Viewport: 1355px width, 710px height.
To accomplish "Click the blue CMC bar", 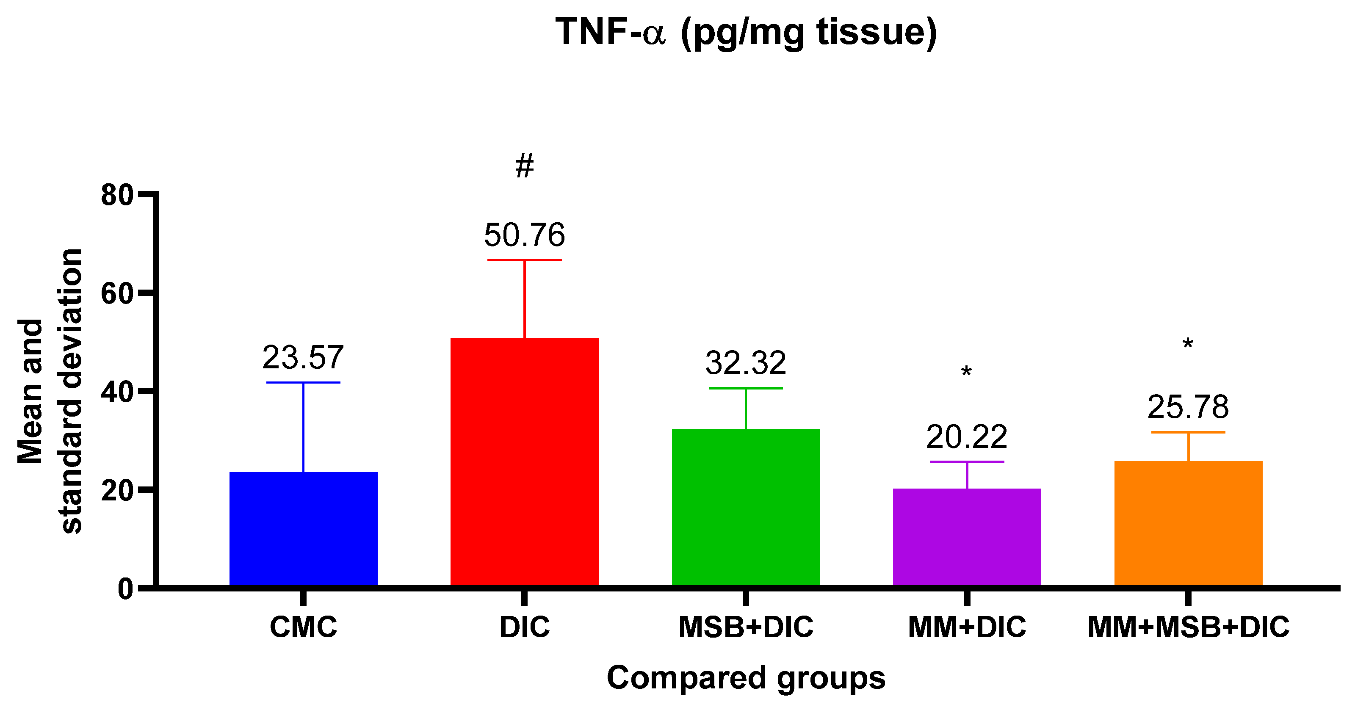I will (304, 528).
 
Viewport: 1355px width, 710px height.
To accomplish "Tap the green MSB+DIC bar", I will (746, 507).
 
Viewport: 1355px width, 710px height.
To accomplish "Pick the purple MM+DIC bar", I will (967, 537).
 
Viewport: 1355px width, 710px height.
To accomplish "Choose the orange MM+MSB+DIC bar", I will (1188, 523).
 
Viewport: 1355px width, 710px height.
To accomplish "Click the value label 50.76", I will (525, 235).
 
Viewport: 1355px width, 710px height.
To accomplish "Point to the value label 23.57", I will (303, 358).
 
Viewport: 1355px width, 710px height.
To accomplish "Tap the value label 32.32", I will (746, 363).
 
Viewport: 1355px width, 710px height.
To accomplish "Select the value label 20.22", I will (967, 437).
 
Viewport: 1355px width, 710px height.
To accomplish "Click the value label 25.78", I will (1188, 407).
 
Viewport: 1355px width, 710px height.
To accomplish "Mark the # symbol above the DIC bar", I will (525, 166).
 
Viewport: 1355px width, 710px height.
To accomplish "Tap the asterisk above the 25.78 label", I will (1188, 345).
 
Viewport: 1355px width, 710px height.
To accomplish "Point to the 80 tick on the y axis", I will (117, 195).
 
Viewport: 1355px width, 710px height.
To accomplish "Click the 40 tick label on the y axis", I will (117, 392).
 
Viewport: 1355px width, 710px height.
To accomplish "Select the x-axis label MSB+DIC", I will (746, 627).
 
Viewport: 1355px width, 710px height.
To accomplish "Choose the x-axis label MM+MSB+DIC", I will (1188, 627).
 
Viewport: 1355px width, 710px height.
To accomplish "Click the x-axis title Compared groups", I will (746, 678).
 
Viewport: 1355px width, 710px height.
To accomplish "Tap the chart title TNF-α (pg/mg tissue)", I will (746, 33).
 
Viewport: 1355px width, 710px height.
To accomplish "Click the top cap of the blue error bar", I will (304, 382).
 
